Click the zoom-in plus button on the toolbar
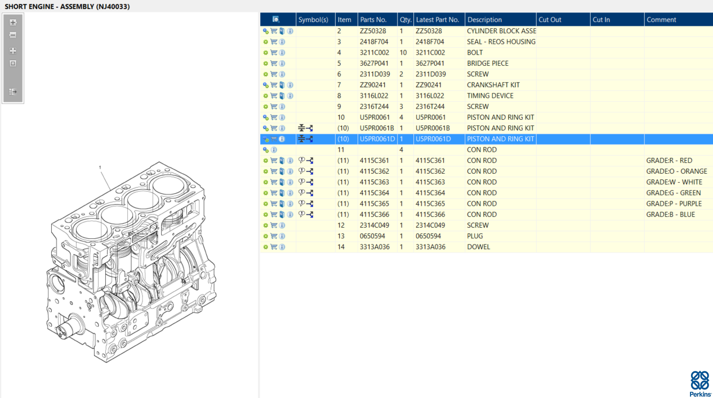pyautogui.click(x=13, y=22)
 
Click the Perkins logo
pyautogui.click(x=700, y=384)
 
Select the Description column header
pyautogui.click(x=484, y=20)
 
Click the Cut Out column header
pyautogui.click(x=550, y=20)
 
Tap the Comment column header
pyautogui.click(x=661, y=20)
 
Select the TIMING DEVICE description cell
pyautogui.click(x=490, y=96)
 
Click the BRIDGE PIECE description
pyautogui.click(x=487, y=63)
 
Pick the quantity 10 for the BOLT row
pyautogui.click(x=403, y=52)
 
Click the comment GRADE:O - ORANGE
pyautogui.click(x=676, y=171)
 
